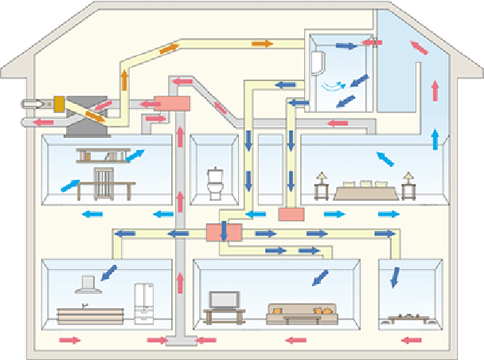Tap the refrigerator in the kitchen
pyautogui.click(x=144, y=303)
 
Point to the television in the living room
pyautogui.click(x=224, y=300)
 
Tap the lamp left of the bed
pyautogui.click(x=322, y=186)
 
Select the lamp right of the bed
pyautogui.click(x=409, y=185)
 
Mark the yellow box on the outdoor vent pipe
pyautogui.click(x=57, y=104)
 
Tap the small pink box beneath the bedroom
pyautogui.click(x=292, y=213)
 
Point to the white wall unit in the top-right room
pyautogui.click(x=319, y=63)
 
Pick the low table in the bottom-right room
pyautogui.click(x=407, y=320)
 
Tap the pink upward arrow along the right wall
pyautogui.click(x=435, y=88)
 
